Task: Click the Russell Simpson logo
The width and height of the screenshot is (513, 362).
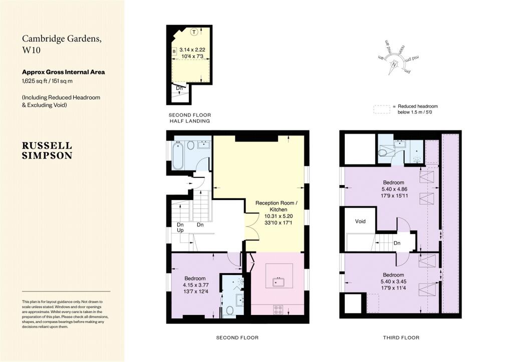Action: tap(47, 150)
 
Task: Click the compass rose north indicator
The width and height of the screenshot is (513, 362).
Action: tap(395, 64)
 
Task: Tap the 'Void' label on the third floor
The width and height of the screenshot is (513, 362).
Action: tap(360, 221)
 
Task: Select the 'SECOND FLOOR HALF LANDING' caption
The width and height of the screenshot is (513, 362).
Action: tap(189, 118)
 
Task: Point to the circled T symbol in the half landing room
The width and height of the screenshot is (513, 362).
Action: tap(193, 32)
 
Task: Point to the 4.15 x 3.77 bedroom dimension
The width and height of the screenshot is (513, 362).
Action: tap(195, 285)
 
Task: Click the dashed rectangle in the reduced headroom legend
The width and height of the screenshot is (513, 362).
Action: tap(381, 109)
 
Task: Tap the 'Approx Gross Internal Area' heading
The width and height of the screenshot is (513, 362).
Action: tap(63, 72)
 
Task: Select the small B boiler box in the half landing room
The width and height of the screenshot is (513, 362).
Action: tap(174, 51)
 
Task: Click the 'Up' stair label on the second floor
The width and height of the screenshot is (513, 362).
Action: tap(180, 230)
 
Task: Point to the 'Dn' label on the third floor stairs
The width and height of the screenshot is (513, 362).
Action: tap(397, 243)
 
